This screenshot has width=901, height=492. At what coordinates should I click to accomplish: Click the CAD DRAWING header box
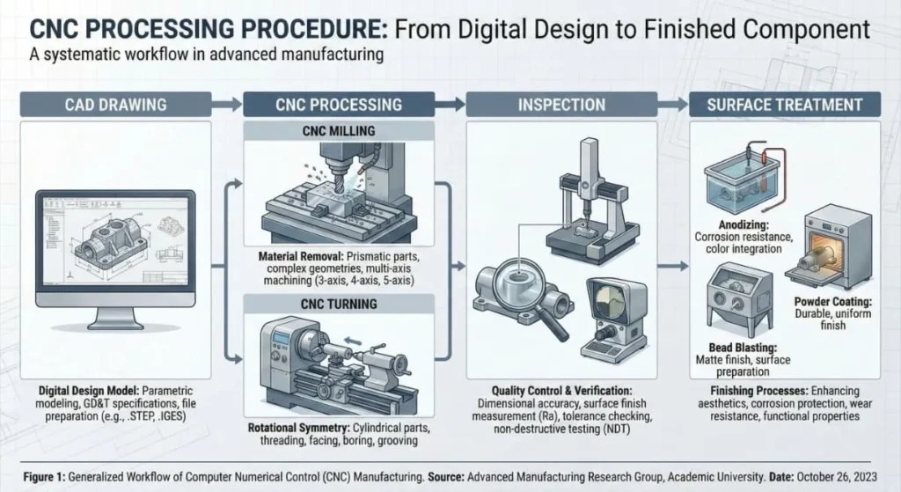(x=115, y=105)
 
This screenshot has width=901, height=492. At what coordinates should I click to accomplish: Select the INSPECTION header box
(x=561, y=105)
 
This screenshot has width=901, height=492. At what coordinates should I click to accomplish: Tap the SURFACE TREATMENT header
(x=784, y=105)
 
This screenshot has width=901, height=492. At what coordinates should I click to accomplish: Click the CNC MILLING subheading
(x=339, y=132)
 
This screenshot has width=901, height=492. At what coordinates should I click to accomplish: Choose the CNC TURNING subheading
(x=339, y=305)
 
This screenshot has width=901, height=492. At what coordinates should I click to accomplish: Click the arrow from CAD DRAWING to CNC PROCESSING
(x=226, y=105)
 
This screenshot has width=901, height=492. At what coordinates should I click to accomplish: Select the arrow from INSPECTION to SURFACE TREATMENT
(x=673, y=105)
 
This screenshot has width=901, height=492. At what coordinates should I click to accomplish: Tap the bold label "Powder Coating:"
(x=820, y=301)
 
